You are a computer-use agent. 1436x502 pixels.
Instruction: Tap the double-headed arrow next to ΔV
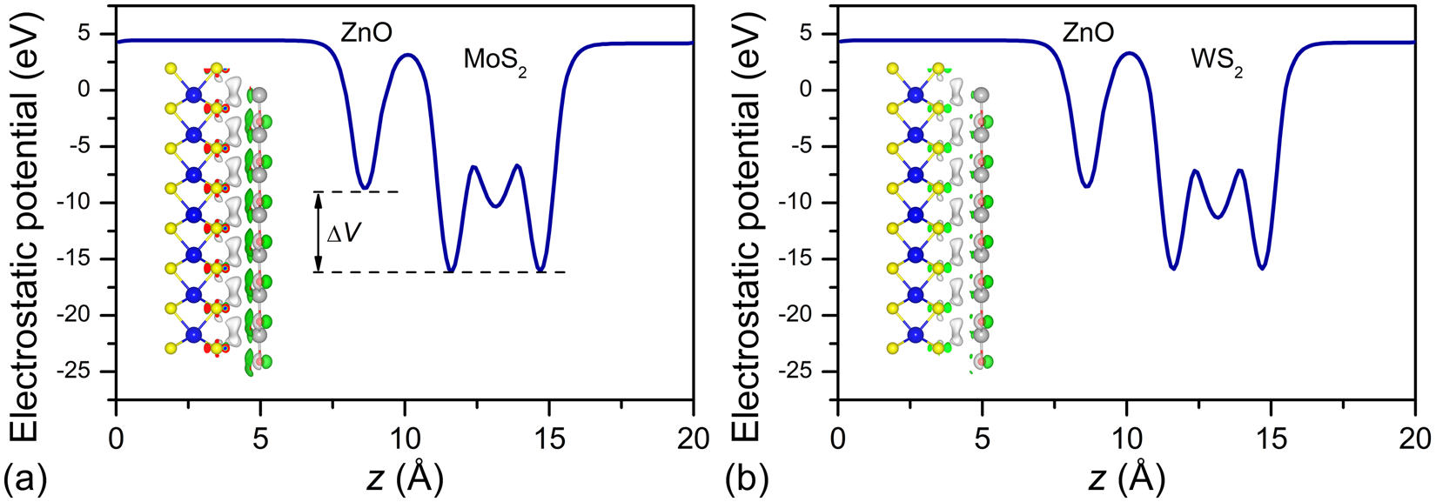[319, 231]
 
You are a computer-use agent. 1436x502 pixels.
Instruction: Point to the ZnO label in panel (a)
[366, 33]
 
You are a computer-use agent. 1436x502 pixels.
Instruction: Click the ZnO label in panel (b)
[1088, 33]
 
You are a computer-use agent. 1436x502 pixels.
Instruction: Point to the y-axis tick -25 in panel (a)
[86, 371]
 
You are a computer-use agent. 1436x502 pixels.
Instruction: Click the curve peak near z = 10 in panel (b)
[1128, 53]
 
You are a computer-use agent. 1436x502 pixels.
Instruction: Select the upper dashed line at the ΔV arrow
[357, 191]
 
